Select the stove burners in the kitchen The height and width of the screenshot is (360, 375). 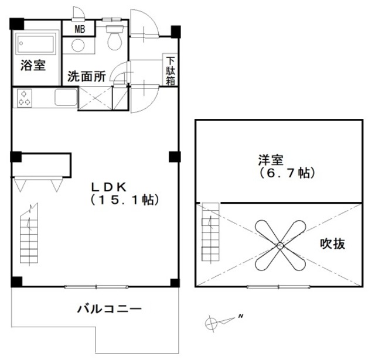[x=25, y=97]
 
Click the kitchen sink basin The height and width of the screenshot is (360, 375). [x=66, y=97]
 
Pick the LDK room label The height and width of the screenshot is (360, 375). [x=108, y=187]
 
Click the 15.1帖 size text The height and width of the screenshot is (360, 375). [x=125, y=200]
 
